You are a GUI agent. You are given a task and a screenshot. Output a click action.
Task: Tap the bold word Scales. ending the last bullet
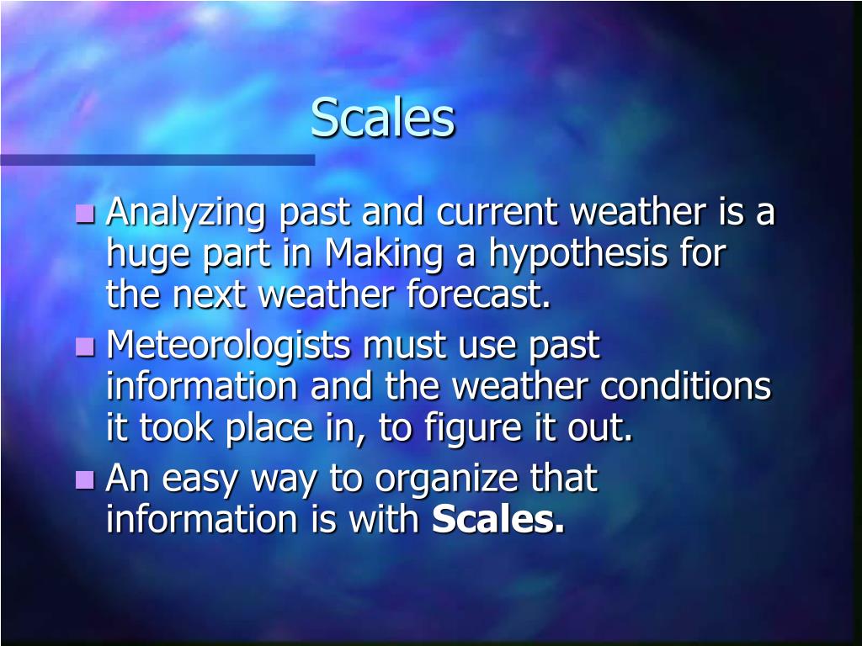coord(498,521)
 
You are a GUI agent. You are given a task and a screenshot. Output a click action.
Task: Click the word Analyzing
coord(187,213)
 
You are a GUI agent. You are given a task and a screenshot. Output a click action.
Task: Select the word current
coord(497,213)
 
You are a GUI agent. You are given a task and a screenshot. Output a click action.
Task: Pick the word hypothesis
coord(574,254)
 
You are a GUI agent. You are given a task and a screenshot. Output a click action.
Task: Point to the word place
coord(267,429)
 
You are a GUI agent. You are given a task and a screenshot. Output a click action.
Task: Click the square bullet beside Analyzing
coord(85,214)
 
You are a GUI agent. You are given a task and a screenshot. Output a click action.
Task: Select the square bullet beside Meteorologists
coord(85,346)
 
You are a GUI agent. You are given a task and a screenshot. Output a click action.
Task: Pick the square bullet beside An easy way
coord(85,479)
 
